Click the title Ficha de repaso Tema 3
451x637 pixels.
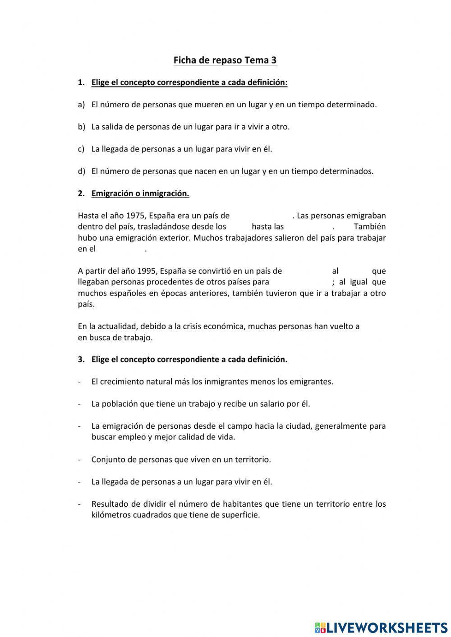(x=225, y=60)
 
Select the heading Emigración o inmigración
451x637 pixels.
(x=140, y=193)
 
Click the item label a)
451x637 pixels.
(x=81, y=105)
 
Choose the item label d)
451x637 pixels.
(x=81, y=171)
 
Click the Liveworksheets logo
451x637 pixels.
(x=381, y=627)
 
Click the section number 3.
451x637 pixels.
(x=81, y=359)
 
